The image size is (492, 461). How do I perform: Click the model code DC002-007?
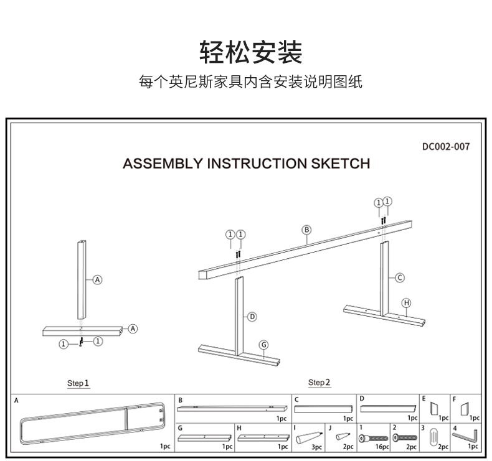pyautogui.click(x=445, y=147)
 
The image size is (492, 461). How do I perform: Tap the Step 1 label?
pyautogui.click(x=78, y=383)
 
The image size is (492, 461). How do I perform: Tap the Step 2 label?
pyautogui.click(x=319, y=382)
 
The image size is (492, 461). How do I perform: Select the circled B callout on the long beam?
pyautogui.click(x=306, y=230)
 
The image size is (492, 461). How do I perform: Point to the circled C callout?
pyautogui.click(x=400, y=277)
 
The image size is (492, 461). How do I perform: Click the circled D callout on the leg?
pyautogui.click(x=252, y=317)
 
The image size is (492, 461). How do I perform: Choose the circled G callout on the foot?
pyautogui.click(x=263, y=345)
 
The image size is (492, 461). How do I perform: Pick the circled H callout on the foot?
pyautogui.click(x=406, y=303)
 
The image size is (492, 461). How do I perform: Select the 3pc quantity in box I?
pyautogui.click(x=316, y=447)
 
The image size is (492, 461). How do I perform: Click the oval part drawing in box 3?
pyautogui.click(x=435, y=435)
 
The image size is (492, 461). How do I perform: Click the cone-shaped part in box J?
pyautogui.click(x=343, y=437)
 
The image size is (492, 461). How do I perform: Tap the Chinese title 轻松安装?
pyautogui.click(x=251, y=52)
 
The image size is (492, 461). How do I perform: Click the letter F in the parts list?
pyautogui.click(x=455, y=399)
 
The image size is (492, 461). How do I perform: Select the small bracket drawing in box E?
pyautogui.click(x=435, y=409)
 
